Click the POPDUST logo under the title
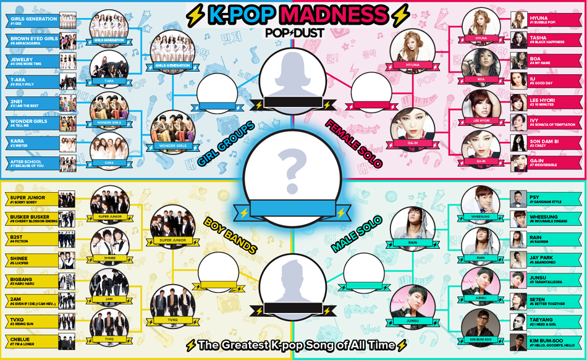pos(294,32)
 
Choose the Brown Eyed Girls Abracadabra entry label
pos(34,41)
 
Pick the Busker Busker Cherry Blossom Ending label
pos(33,219)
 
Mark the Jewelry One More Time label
pos(34,61)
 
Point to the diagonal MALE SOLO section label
pos(357,233)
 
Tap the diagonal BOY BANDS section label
pos(230,235)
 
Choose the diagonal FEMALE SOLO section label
pos(354,143)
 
